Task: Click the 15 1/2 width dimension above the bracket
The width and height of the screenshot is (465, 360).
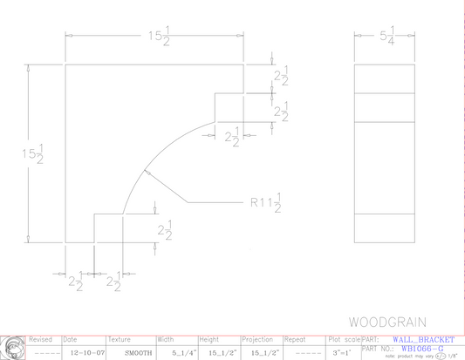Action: pos(157,36)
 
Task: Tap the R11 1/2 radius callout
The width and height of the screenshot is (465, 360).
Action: pos(266,204)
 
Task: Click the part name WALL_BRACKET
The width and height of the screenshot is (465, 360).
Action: pos(424,339)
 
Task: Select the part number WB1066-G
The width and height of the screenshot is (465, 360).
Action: pos(422,348)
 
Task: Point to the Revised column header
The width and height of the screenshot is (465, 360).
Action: pos(41,339)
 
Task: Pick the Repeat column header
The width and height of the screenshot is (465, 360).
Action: pos(295,339)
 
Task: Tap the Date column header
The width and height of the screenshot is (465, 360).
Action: pos(71,339)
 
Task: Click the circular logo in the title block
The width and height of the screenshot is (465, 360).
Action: pos(12,347)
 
